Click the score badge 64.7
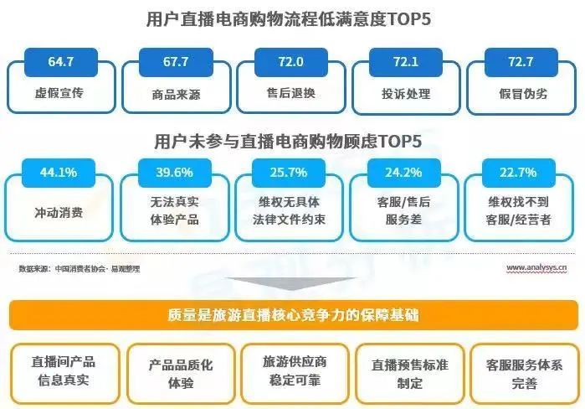(61, 62)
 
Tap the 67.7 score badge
(176, 62)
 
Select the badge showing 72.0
(291, 62)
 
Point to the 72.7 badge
(521, 62)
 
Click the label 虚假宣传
(59, 93)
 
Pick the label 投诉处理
(406, 93)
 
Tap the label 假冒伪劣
(523, 93)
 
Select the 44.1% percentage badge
(59, 173)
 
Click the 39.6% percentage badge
(175, 173)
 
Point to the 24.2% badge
(403, 173)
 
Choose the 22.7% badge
(519, 173)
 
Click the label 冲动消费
(59, 213)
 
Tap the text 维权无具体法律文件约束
(289, 210)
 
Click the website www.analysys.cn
(536, 267)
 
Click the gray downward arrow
(291, 283)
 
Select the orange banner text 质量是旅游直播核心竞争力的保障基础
(293, 315)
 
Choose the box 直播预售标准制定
(409, 374)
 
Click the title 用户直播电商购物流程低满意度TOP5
(289, 19)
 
